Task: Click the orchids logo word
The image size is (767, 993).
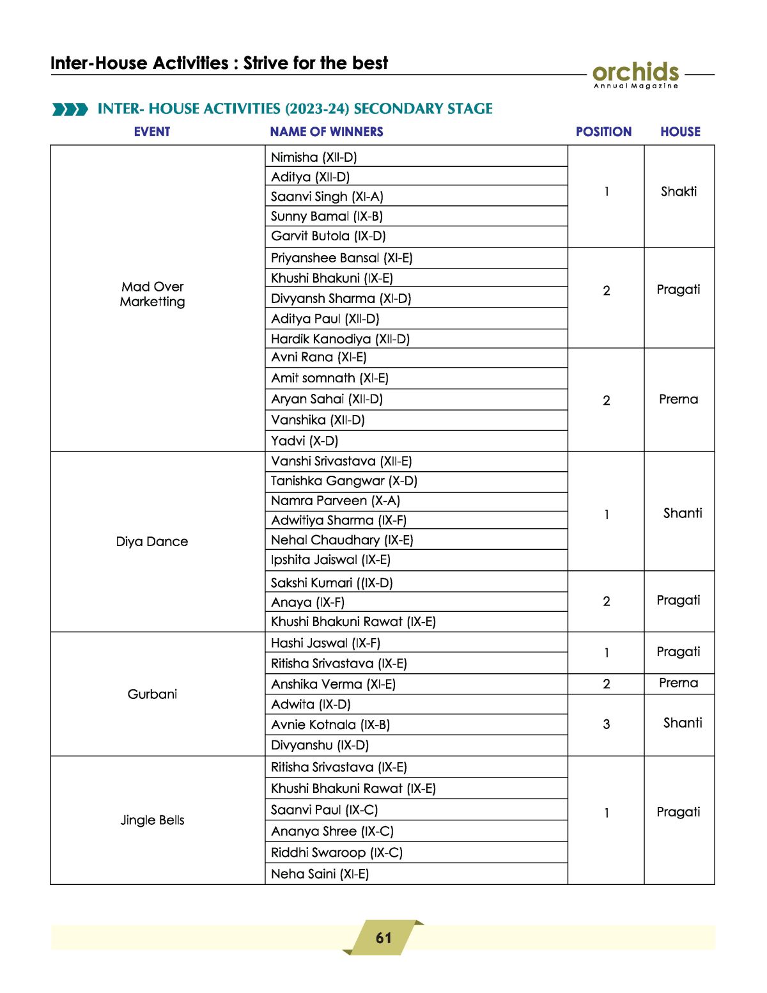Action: pos(635,72)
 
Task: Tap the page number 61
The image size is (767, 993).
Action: pos(383,937)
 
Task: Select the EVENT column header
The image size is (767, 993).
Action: pos(152,132)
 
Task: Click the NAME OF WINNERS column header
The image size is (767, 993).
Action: pos(326,132)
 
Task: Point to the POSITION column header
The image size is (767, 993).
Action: pos(603,132)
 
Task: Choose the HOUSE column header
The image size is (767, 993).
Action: pos(680,132)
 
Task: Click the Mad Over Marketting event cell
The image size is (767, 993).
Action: pos(152,294)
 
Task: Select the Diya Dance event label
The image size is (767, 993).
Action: pos(152,542)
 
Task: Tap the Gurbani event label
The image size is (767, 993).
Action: pos(152,694)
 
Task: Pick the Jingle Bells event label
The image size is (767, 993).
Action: pos(152,820)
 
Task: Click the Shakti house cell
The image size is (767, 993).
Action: pos(679,191)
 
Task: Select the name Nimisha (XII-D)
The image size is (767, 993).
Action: pos(314,157)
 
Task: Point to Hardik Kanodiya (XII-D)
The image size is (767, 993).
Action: pos(340,339)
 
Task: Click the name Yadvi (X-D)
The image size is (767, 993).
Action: pos(304,441)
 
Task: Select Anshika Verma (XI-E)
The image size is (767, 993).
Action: pos(333,684)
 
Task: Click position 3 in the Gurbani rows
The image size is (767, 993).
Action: pos(606,724)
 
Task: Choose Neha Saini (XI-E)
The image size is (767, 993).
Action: pos(320,873)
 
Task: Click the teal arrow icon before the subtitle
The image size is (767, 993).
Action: pos(70,109)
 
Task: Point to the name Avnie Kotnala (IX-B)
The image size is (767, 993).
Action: pos(330,724)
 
